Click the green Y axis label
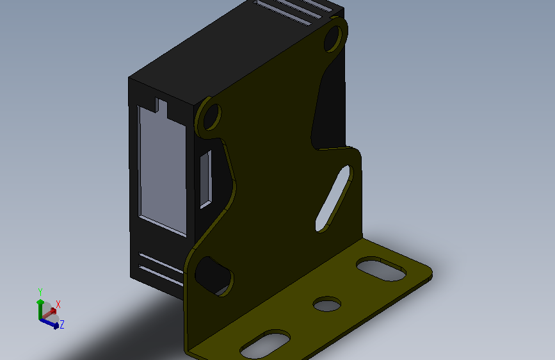click(x=40, y=292)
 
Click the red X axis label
click(x=58, y=304)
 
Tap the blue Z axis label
click(x=62, y=324)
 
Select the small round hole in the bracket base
click(x=327, y=304)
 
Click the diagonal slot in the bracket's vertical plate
click(x=334, y=199)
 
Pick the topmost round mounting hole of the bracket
click(x=334, y=38)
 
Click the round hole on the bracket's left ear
click(x=212, y=116)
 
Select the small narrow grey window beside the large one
click(x=206, y=179)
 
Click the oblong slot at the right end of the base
click(x=382, y=269)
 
